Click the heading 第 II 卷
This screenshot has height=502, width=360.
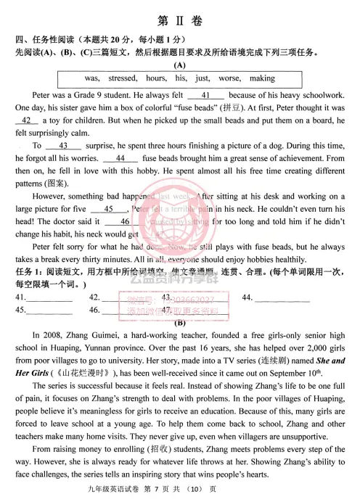(179, 20)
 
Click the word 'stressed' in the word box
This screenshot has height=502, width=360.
(122, 78)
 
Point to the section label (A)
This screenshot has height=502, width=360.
(179, 65)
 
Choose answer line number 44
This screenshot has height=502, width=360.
(283, 298)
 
